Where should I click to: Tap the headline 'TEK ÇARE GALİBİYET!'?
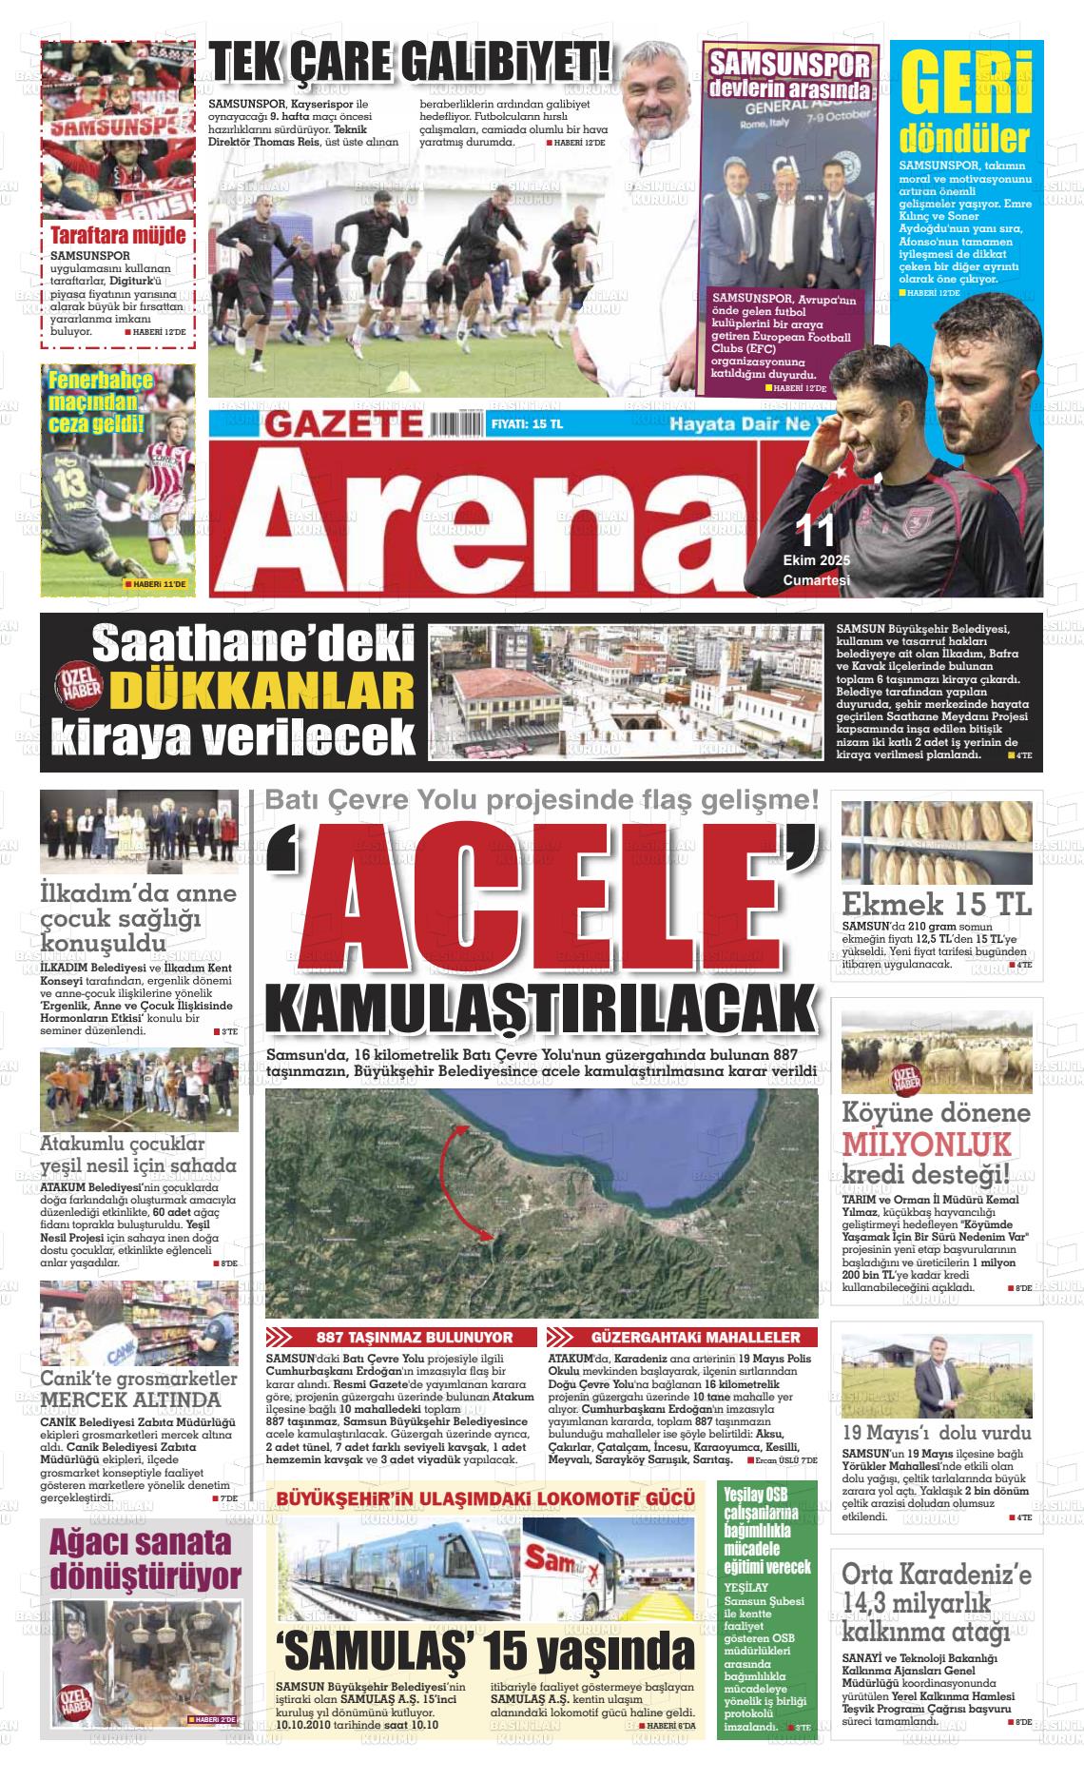coord(411,67)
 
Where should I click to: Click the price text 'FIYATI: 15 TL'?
coord(527,424)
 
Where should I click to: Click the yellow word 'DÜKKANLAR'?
coord(262,692)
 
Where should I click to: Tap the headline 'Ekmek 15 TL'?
coord(936,904)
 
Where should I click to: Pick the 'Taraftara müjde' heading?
coord(118,235)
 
